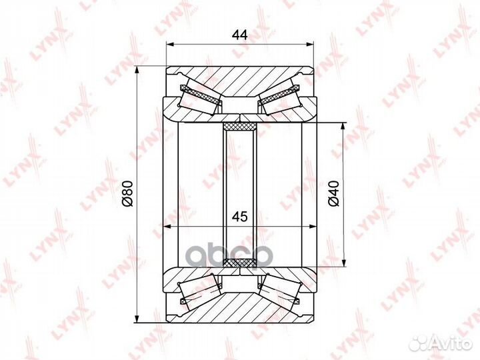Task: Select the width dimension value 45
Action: tap(240, 217)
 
